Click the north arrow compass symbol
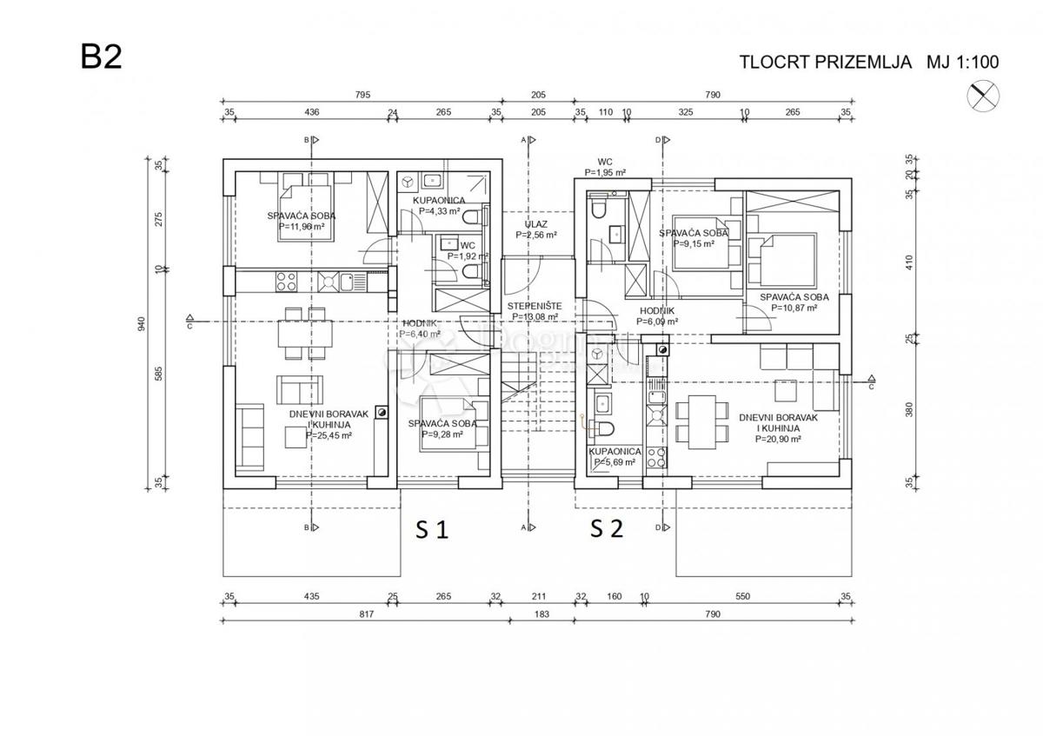pyautogui.click(x=984, y=95)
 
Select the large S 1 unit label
pyautogui.click(x=430, y=529)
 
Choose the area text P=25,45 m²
pyautogui.click(x=322, y=435)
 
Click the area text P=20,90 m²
pyautogui.click(x=771, y=439)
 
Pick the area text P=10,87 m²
pyautogui.click(x=794, y=308)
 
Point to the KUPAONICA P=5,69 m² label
pyautogui.click(x=615, y=457)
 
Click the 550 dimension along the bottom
pyautogui.click(x=743, y=597)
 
